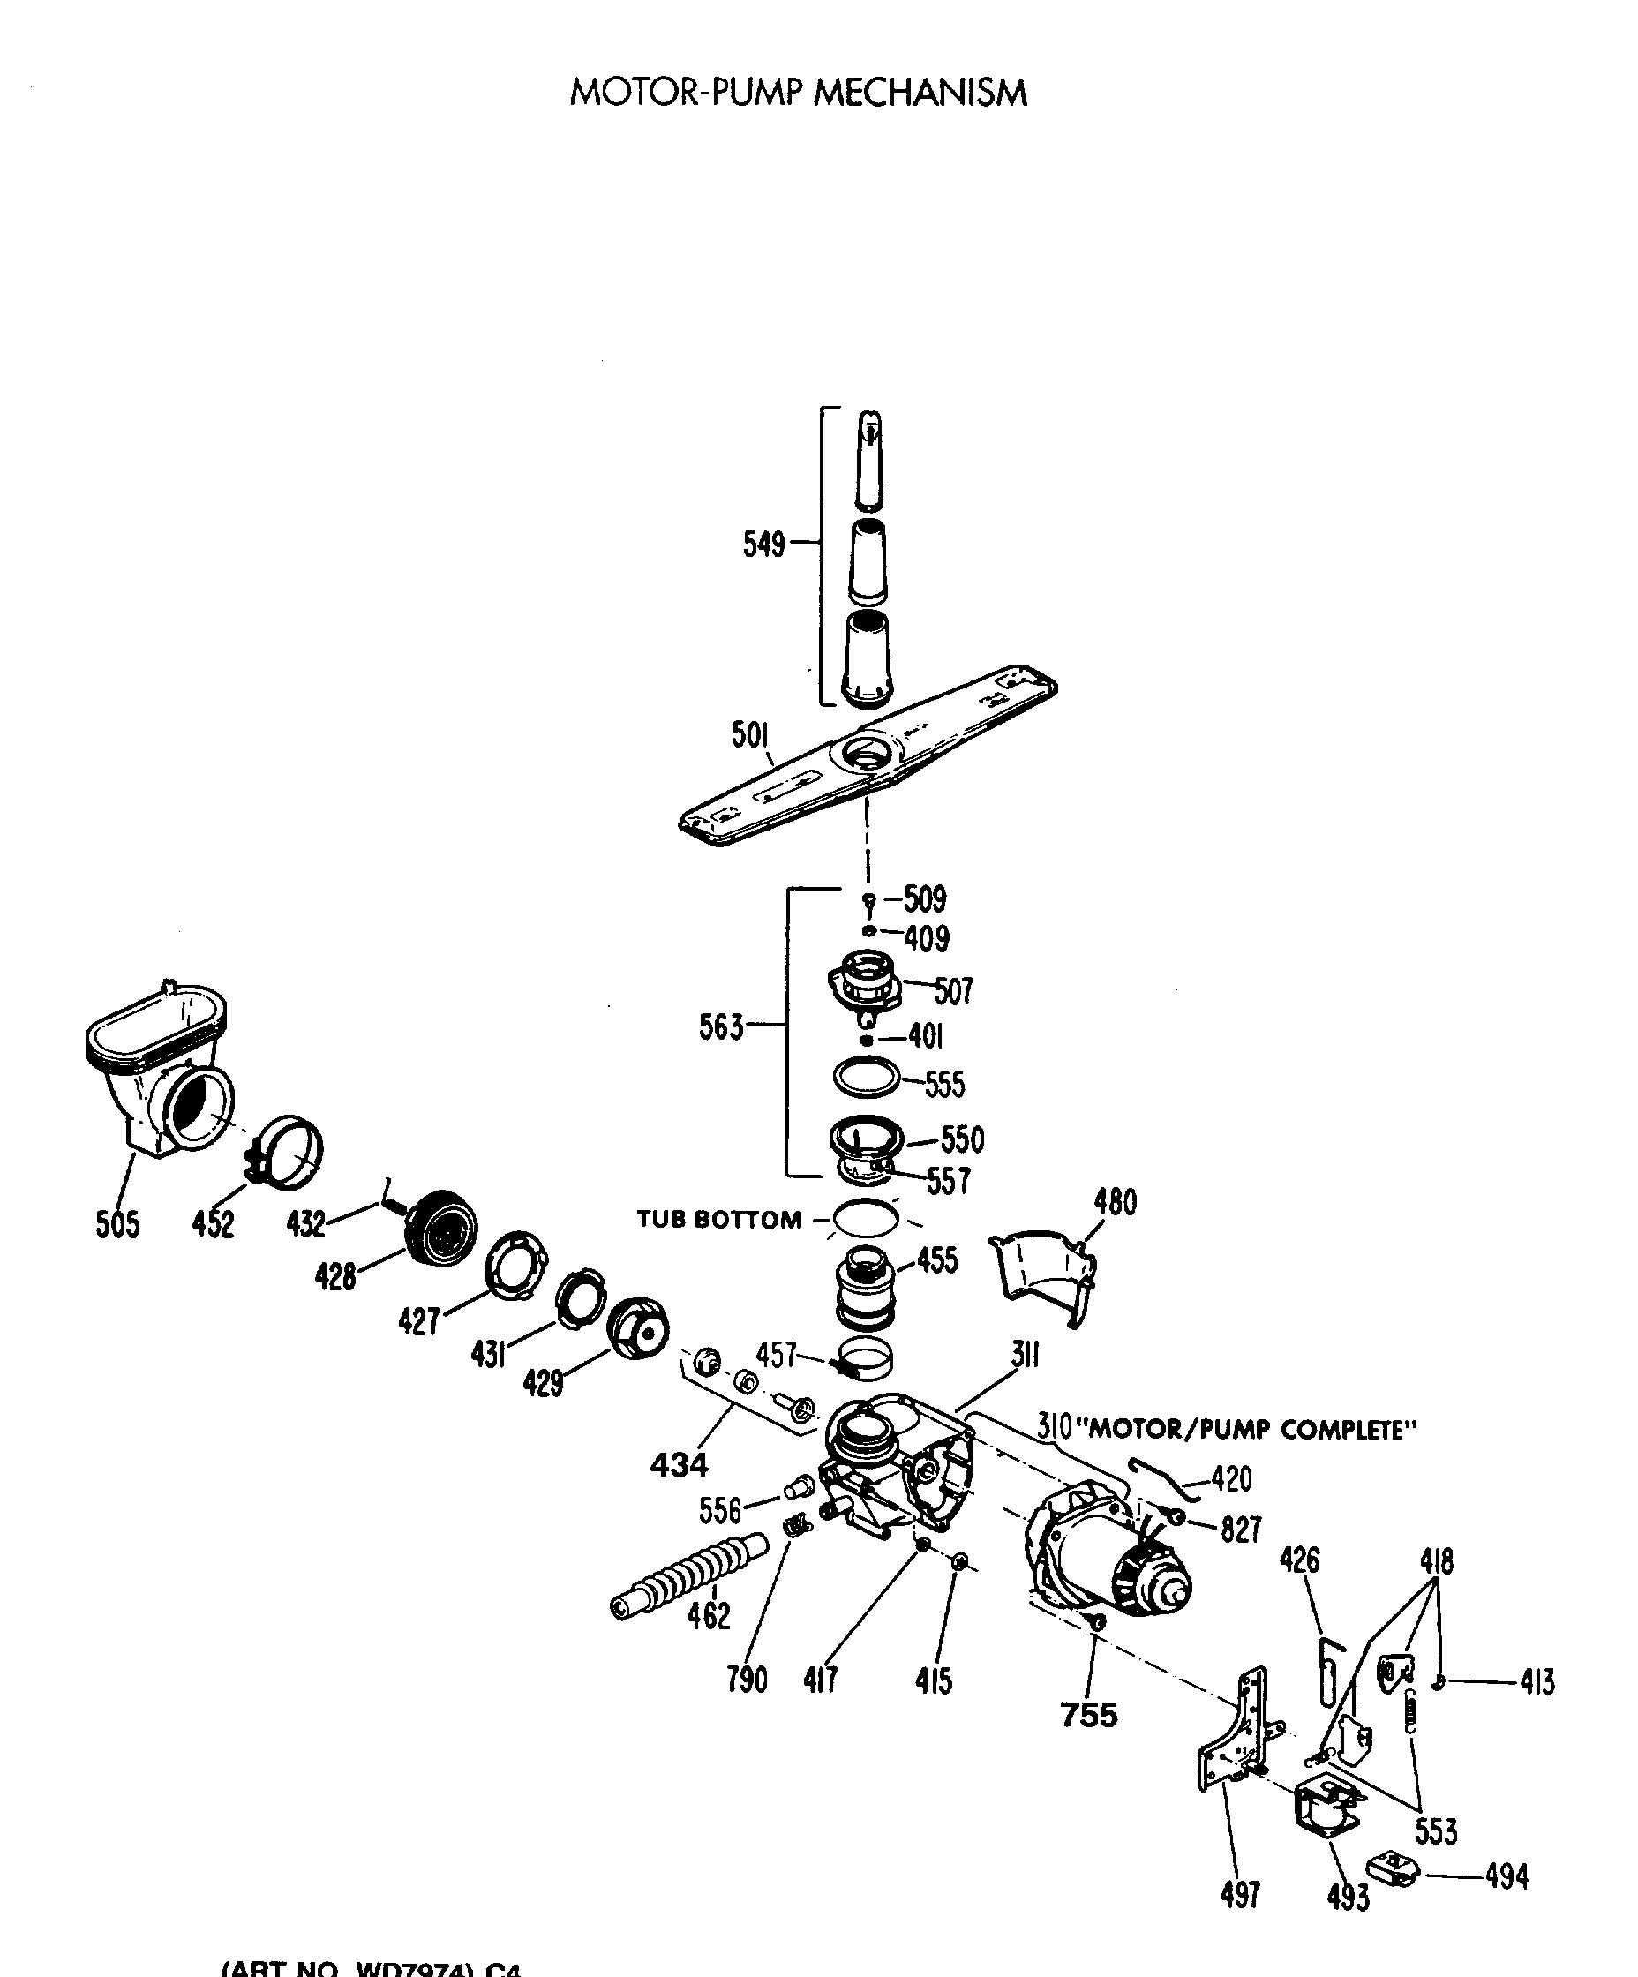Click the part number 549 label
(763, 545)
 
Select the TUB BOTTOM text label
(718, 1219)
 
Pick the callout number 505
(117, 1224)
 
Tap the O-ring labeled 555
(866, 1077)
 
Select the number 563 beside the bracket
(721, 1026)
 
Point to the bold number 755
(1089, 1715)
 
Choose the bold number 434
(679, 1464)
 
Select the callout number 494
(1507, 1876)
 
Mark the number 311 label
(1026, 1355)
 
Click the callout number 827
(1241, 1530)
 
